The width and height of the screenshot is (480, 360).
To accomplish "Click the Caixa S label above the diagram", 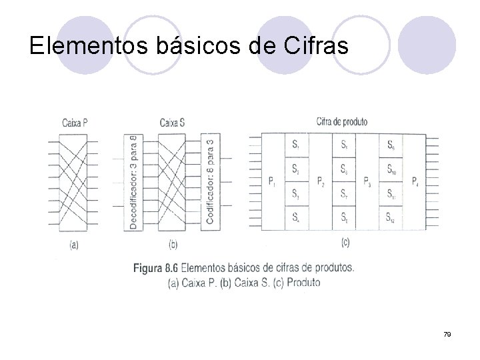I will click(x=173, y=123).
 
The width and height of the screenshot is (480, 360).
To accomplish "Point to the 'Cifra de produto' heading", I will click(x=341, y=122).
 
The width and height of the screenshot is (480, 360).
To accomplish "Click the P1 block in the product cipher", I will click(x=273, y=181).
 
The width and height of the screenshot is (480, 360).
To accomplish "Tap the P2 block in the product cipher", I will click(x=320, y=181).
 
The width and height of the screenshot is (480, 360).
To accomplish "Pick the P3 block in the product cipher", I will click(x=367, y=181).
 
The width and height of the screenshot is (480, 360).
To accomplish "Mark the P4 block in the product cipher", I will click(x=415, y=181).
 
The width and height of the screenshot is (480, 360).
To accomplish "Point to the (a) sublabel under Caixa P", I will click(x=74, y=245).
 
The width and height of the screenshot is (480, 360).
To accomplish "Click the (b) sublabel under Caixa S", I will click(x=173, y=245).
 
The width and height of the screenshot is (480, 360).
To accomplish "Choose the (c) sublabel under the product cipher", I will click(x=345, y=243).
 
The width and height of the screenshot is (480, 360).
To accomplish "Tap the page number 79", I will click(x=447, y=334).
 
